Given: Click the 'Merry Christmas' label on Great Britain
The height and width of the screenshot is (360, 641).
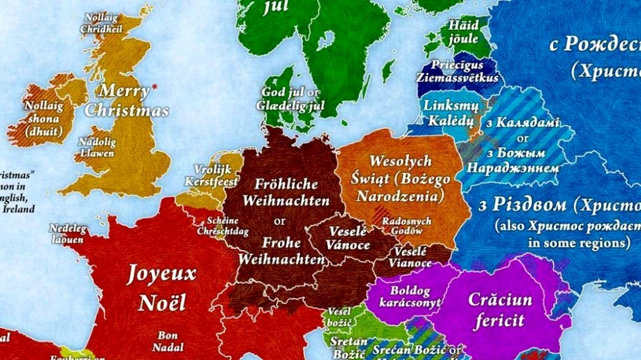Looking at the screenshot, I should pyautogui.click(x=126, y=100).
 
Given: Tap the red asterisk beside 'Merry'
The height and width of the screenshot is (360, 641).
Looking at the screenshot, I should pyautogui.click(x=155, y=87).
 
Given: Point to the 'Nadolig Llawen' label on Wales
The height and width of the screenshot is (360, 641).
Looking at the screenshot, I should pyautogui.click(x=96, y=148).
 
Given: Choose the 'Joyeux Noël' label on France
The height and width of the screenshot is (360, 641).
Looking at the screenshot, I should pyautogui.click(x=162, y=288).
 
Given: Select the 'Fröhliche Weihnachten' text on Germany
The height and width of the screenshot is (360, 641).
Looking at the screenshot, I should pyautogui.click(x=285, y=192).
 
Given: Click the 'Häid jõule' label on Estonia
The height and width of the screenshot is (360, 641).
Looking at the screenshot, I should pyautogui.click(x=464, y=31).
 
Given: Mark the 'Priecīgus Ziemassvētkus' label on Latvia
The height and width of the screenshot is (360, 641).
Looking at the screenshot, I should pyautogui.click(x=457, y=71).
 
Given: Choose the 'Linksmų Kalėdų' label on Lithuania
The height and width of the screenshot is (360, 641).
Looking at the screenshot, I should pyautogui.click(x=448, y=112).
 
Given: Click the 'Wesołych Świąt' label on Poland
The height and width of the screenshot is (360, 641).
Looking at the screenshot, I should pyautogui.click(x=400, y=178).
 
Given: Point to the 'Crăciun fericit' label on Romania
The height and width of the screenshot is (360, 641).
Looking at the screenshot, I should pyautogui.click(x=500, y=310).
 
